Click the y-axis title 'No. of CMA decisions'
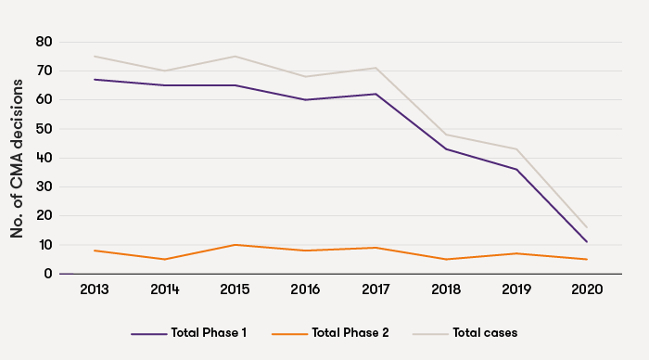(18, 158)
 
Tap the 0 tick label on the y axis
(47, 274)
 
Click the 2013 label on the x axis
(95, 289)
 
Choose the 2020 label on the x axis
(587, 289)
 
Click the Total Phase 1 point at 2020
(587, 242)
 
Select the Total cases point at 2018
(447, 135)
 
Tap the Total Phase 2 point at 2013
(95, 251)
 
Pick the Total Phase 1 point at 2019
(516, 169)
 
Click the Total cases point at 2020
(587, 227)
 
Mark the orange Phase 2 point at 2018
(447, 259)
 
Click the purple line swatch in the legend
(148, 332)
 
